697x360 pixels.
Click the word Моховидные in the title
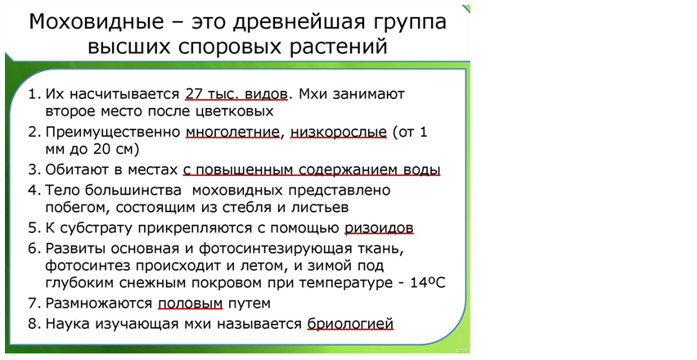pyautogui.click(x=97, y=22)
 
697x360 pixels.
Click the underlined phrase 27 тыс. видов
pyautogui.click(x=236, y=94)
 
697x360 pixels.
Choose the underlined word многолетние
pyautogui.click(x=232, y=133)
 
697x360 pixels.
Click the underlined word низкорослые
pyautogui.click(x=339, y=133)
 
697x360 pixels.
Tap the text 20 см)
pyautogui.click(x=116, y=150)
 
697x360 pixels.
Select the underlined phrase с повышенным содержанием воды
pyautogui.click(x=312, y=170)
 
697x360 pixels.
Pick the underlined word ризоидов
pyautogui.click(x=379, y=228)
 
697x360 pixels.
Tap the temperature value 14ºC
pyautogui.click(x=428, y=282)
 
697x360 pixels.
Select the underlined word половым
pyautogui.click(x=191, y=304)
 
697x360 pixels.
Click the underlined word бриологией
pyautogui.click(x=350, y=324)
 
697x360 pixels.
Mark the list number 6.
pyautogui.click(x=34, y=249)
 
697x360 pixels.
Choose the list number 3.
pyautogui.click(x=34, y=170)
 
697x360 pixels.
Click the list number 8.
pyautogui.click(x=34, y=324)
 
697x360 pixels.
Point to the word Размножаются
pyautogui.click(x=99, y=304)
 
